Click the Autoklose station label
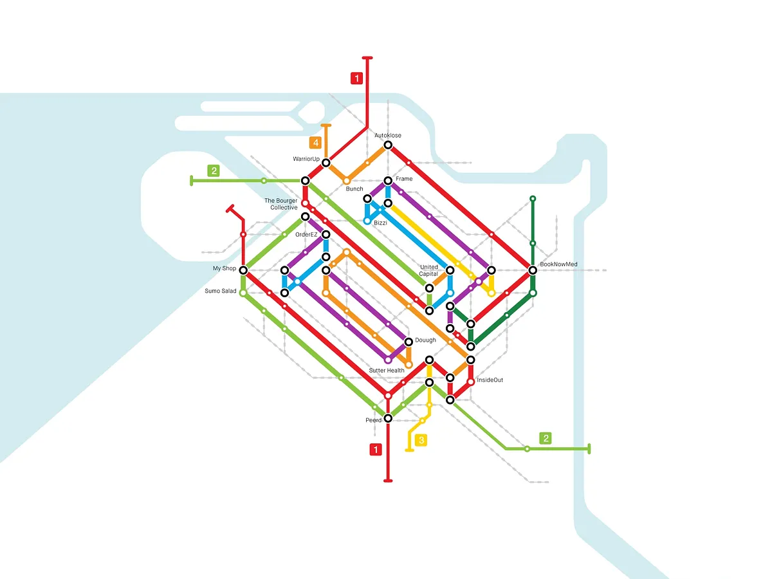387,136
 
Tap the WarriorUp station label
306,159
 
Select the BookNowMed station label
558,264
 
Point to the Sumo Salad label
221,291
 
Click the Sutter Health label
387,371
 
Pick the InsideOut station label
490,380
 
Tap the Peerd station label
374,420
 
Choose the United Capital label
428,270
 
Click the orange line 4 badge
315,143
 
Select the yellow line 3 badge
421,441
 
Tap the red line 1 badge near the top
356,78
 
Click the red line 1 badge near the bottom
375,450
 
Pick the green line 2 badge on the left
214,171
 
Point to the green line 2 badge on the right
546,439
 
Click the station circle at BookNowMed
532,270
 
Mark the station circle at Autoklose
388,145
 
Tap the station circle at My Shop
243,270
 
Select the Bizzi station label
380,223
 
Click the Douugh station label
425,340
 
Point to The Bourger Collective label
281,204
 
